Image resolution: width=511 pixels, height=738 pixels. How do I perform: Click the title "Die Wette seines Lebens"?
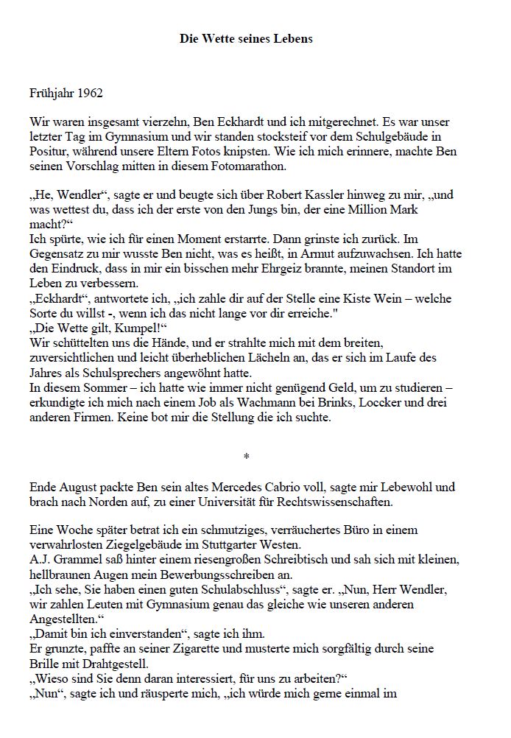click(x=246, y=38)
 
